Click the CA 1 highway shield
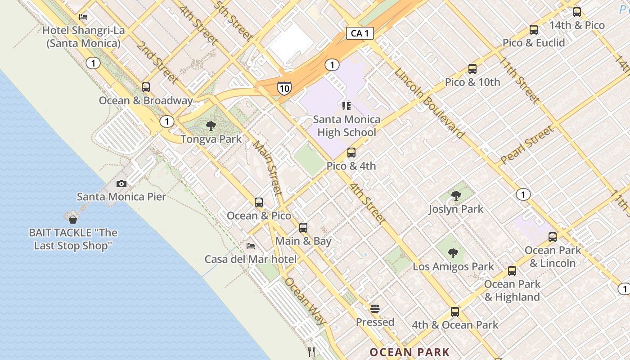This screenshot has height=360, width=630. (360, 33)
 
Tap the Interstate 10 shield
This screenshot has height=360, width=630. (283, 88)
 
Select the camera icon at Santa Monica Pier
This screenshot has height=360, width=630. (121, 184)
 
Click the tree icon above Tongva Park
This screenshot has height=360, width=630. (211, 126)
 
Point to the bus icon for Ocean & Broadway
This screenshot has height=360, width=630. (145, 87)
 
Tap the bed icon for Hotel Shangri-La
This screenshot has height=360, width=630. (83, 17)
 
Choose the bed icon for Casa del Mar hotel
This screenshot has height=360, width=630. (251, 246)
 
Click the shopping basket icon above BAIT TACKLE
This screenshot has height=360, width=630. (72, 220)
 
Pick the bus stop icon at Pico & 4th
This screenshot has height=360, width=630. (351, 153)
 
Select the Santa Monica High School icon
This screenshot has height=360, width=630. (346, 106)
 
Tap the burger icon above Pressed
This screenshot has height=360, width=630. (375, 309)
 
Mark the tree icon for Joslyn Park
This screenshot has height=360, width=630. (456, 195)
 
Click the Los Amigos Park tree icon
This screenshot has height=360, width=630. (453, 253)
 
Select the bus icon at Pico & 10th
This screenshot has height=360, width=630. (472, 69)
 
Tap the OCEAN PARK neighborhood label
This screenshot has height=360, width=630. (409, 352)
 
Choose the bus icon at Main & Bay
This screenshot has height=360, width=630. (303, 228)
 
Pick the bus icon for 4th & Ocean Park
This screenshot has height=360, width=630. (455, 311)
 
